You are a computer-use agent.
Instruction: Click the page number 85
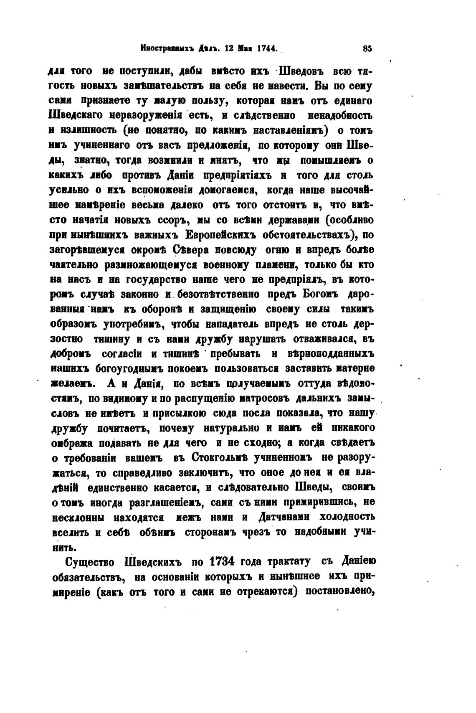pos(367,48)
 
